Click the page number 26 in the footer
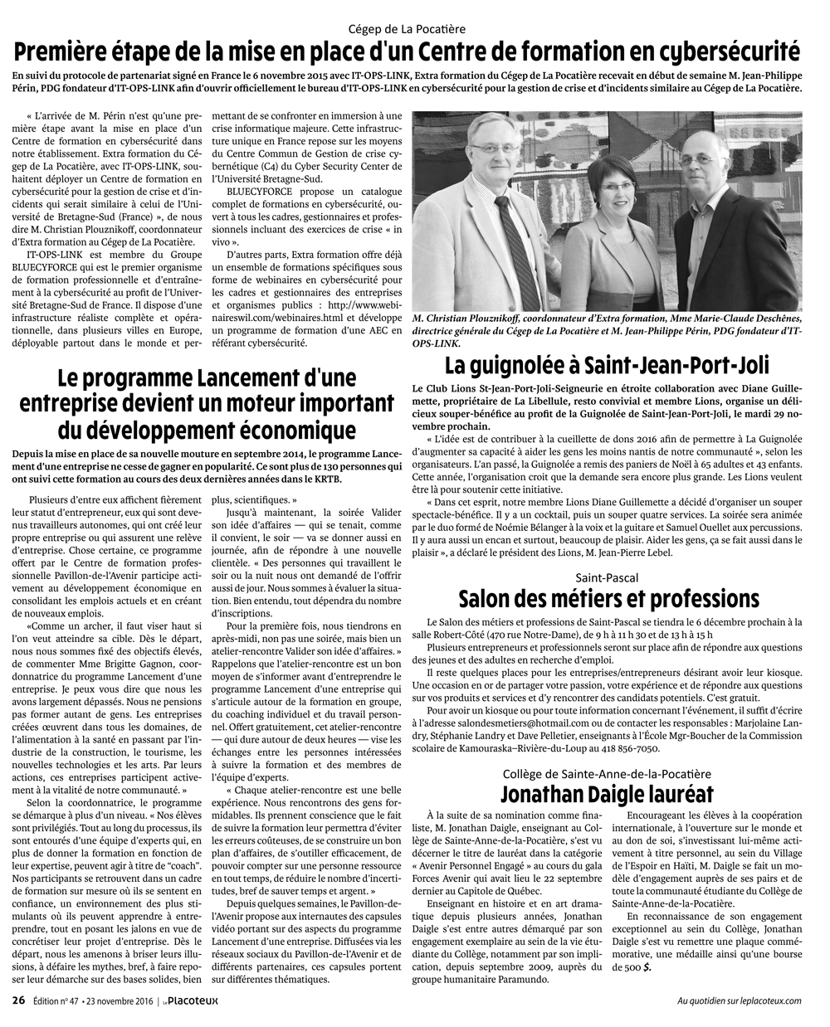coord(18,1000)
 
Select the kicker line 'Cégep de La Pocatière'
coord(414,28)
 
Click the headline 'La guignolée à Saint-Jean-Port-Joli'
coord(607,365)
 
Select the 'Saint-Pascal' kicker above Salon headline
coord(608,577)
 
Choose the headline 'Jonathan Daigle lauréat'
coord(608,793)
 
